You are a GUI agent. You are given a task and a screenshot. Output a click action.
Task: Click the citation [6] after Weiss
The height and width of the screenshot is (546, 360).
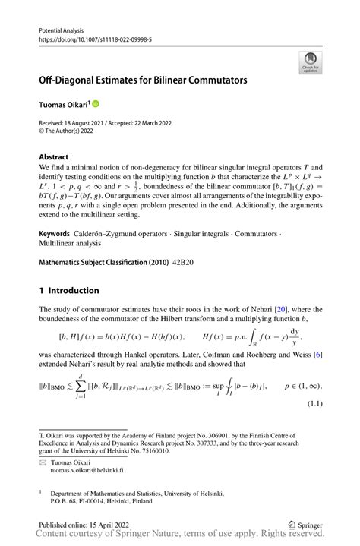(x=317, y=367)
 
